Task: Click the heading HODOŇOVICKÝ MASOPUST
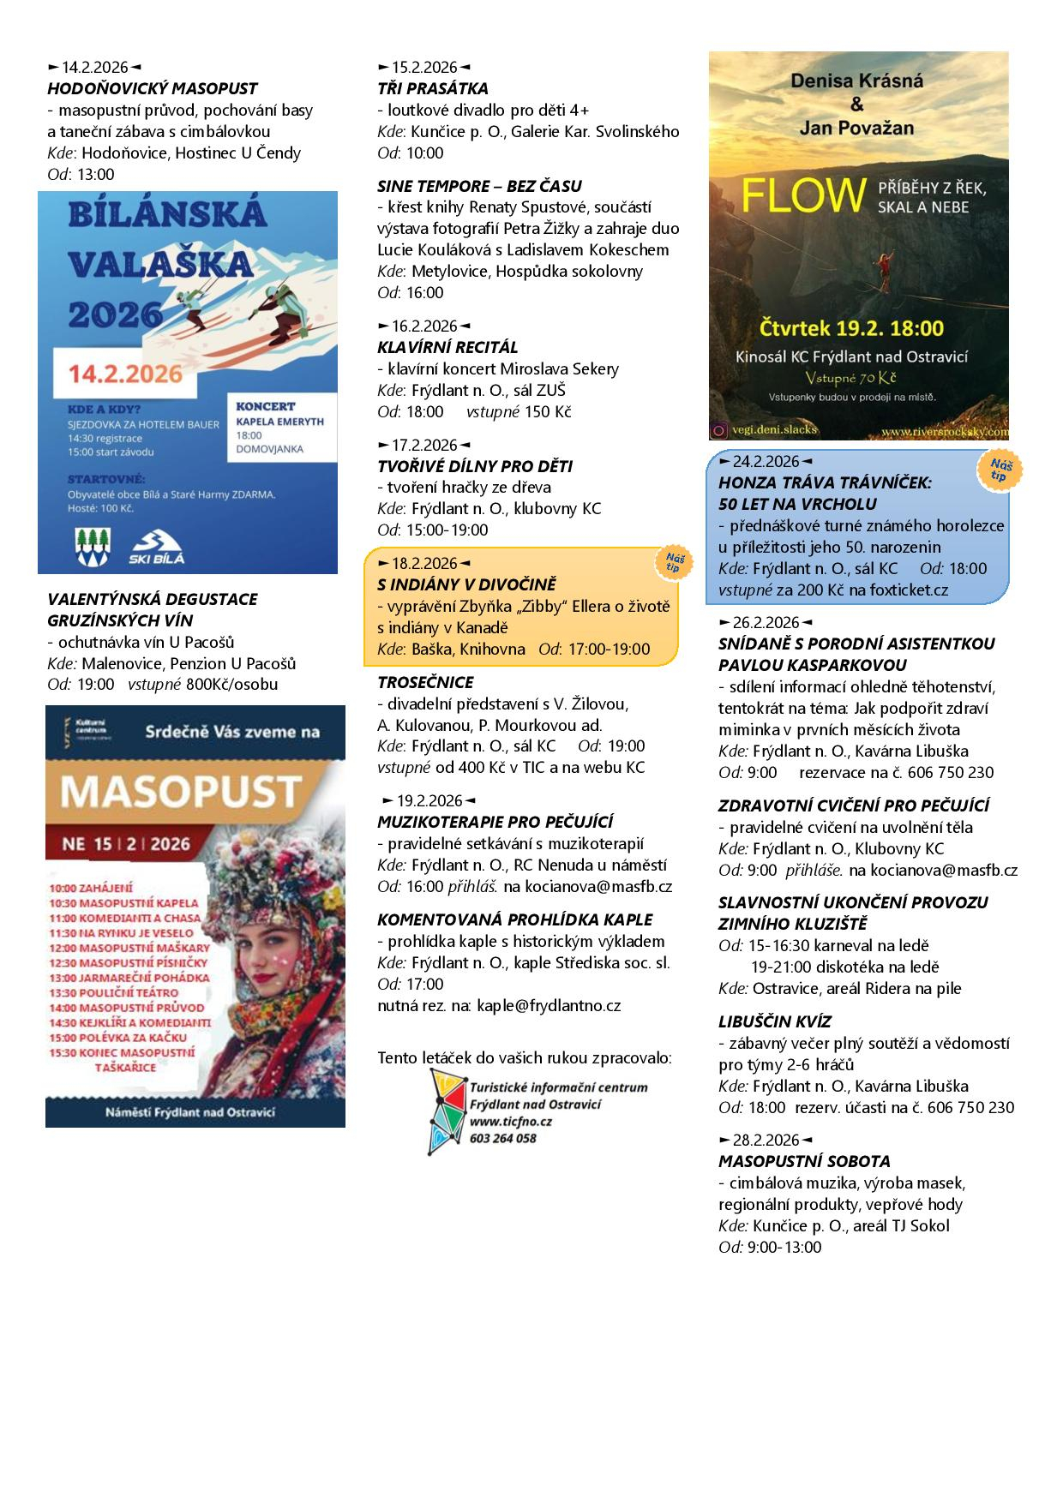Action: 152,88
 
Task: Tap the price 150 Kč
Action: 547,411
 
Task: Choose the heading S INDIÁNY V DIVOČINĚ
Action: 466,584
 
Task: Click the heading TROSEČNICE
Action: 425,682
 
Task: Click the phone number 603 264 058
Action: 503,1138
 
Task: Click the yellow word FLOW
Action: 802,196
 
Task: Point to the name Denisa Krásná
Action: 857,81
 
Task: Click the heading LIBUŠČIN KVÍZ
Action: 775,1021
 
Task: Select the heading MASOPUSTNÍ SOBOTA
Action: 804,1161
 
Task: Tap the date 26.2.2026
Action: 766,622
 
